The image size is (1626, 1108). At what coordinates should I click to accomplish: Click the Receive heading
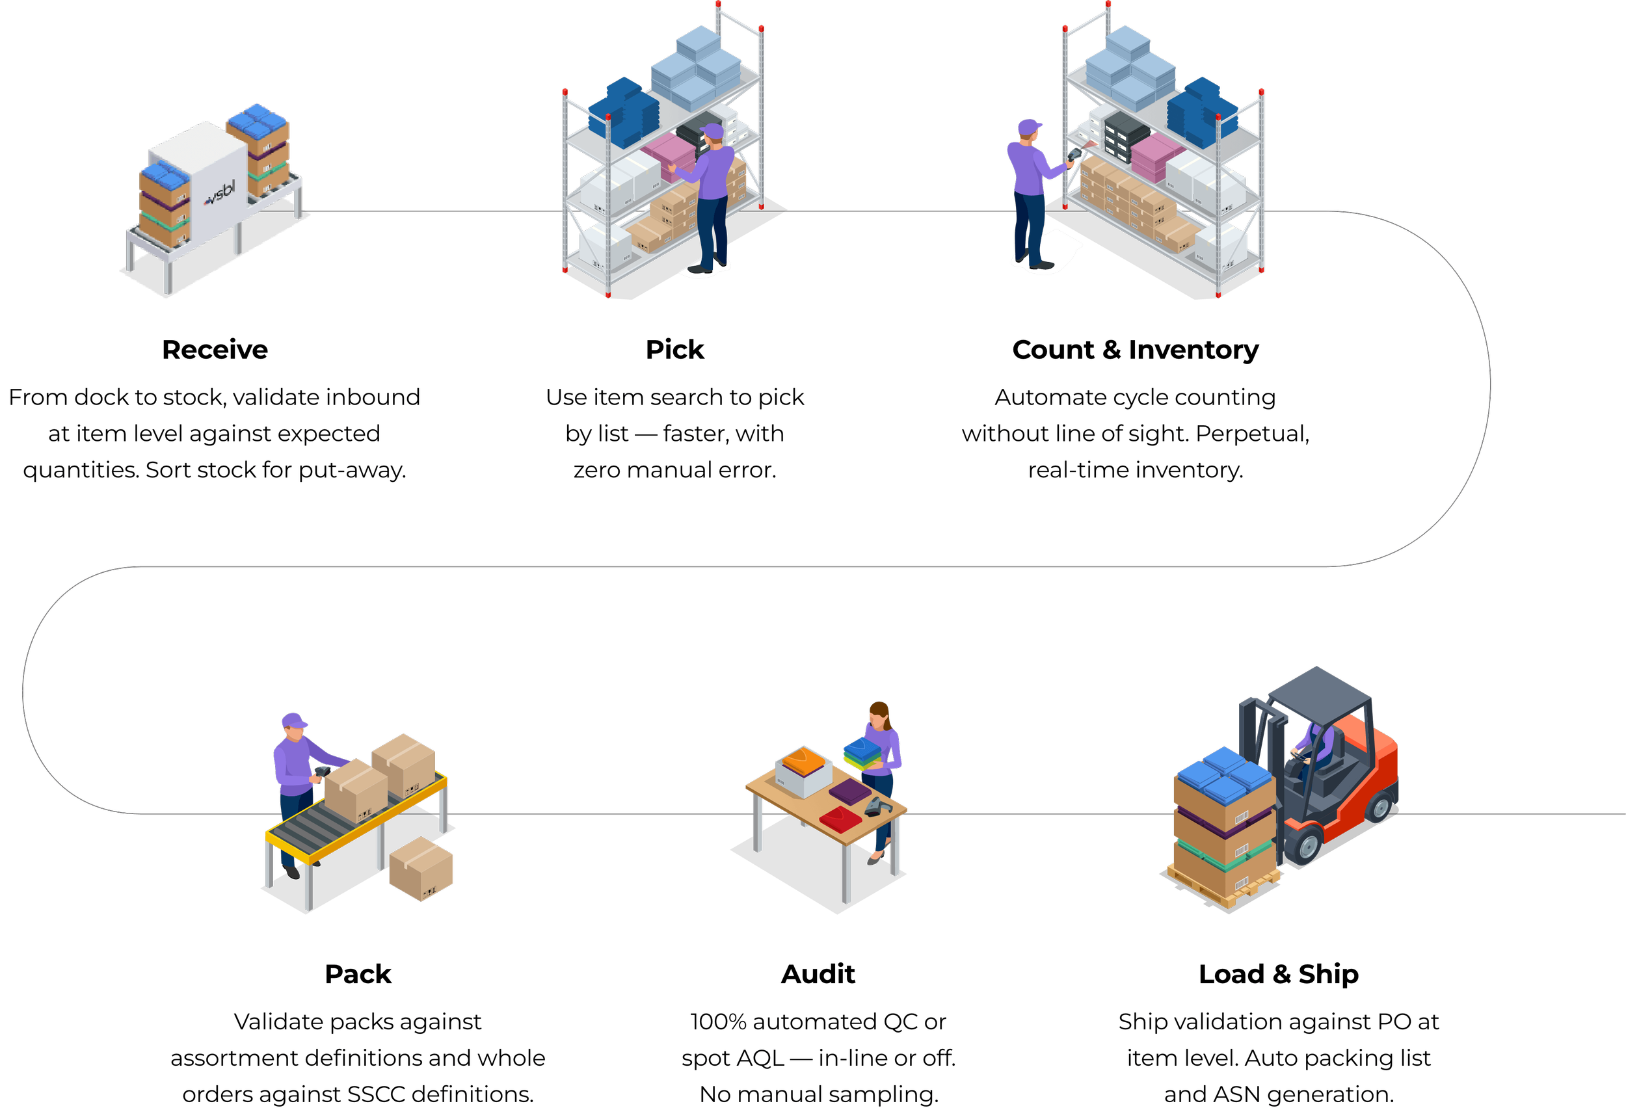215,350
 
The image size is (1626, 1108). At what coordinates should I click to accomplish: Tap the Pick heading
674,350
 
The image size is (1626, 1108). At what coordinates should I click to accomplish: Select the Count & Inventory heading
1135,350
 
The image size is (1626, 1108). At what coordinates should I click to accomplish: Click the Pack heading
358,973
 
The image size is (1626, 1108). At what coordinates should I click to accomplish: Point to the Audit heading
818,973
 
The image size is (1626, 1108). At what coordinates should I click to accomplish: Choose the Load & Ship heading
1278,973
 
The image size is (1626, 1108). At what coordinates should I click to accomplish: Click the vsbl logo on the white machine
220,193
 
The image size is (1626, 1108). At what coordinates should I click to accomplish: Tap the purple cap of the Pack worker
295,721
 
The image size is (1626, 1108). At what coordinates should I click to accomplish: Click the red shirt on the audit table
840,819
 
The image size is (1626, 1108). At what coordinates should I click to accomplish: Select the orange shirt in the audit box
804,760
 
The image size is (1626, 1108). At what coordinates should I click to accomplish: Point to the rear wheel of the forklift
1379,806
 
